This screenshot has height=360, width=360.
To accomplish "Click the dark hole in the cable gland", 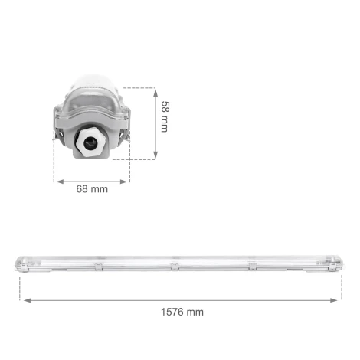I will coord(92,142).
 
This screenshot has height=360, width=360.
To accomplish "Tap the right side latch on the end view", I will coord(125,136).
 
